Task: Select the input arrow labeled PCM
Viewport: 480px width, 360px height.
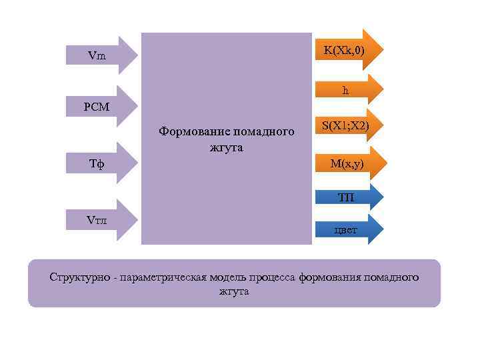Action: click(100, 106)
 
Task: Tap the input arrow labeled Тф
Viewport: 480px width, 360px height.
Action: click(100, 163)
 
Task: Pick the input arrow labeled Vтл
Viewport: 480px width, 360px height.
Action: click(100, 221)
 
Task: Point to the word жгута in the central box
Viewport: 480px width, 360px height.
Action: click(226, 147)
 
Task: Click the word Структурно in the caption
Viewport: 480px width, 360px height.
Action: click(79, 277)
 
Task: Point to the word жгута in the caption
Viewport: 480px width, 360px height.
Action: click(233, 291)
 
